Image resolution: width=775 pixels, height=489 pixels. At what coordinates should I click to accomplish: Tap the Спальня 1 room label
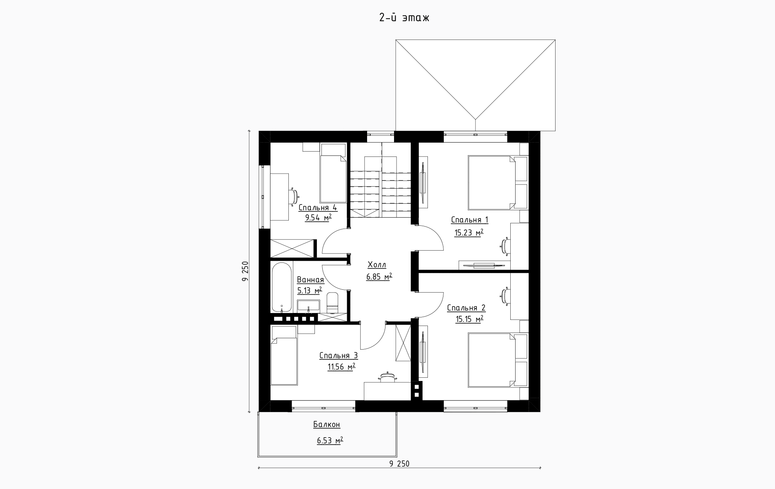point(469,220)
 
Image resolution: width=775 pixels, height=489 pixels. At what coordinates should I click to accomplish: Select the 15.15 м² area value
point(469,319)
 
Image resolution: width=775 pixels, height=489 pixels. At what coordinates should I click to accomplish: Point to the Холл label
point(377,265)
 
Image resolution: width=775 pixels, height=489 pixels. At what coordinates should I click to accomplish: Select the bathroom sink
point(308,306)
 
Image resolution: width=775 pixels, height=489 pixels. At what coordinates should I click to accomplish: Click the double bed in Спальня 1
point(492,182)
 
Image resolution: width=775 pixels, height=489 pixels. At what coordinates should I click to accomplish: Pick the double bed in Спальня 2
point(492,360)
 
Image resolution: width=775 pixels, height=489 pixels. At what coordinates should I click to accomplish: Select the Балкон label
point(327,425)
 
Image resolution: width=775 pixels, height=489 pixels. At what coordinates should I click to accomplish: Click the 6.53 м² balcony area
point(330,441)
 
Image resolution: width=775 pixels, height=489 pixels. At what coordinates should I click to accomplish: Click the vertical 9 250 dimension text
point(245,271)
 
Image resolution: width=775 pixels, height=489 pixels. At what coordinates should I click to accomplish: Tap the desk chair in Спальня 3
point(387,377)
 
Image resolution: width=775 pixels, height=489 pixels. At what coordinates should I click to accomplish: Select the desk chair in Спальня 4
point(294,196)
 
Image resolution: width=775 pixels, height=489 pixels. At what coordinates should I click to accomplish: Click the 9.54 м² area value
point(318,218)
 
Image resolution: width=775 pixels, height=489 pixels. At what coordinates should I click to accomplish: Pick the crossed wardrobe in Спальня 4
point(292,249)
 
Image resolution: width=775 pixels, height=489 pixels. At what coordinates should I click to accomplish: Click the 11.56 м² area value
point(341,367)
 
